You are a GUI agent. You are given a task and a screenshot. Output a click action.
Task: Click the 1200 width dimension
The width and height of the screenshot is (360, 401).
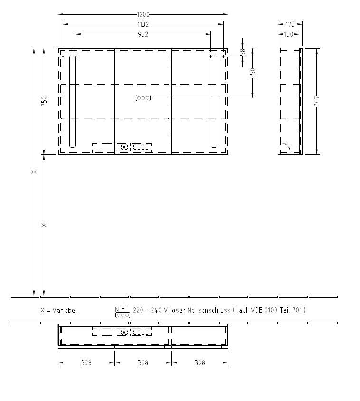point(143,14)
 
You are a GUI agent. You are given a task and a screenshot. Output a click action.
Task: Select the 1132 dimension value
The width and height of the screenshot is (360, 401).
point(143,24)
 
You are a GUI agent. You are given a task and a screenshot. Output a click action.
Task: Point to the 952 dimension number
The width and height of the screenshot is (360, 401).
point(143,34)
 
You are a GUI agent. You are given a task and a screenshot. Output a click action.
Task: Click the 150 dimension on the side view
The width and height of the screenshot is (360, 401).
point(288,34)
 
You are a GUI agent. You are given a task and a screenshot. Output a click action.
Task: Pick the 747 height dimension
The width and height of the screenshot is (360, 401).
point(317,101)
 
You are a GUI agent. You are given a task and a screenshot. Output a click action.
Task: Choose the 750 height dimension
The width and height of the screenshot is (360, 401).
point(44,101)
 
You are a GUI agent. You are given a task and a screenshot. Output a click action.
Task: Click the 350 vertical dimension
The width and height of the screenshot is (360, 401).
point(253,73)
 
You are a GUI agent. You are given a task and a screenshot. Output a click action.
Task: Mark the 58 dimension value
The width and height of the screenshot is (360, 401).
point(243,52)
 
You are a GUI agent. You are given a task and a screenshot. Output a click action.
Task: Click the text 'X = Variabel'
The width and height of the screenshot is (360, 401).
point(58,310)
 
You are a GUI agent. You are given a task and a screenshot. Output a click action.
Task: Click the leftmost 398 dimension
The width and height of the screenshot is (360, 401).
point(86,363)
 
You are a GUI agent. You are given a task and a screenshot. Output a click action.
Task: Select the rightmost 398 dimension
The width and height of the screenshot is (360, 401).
point(200,363)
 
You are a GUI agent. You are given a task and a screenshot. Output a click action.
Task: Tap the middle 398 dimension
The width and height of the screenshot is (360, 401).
point(143,363)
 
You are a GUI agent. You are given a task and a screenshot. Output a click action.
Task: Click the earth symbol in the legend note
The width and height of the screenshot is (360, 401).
point(122,305)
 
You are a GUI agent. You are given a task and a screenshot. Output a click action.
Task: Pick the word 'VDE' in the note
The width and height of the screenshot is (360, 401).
point(260,310)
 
